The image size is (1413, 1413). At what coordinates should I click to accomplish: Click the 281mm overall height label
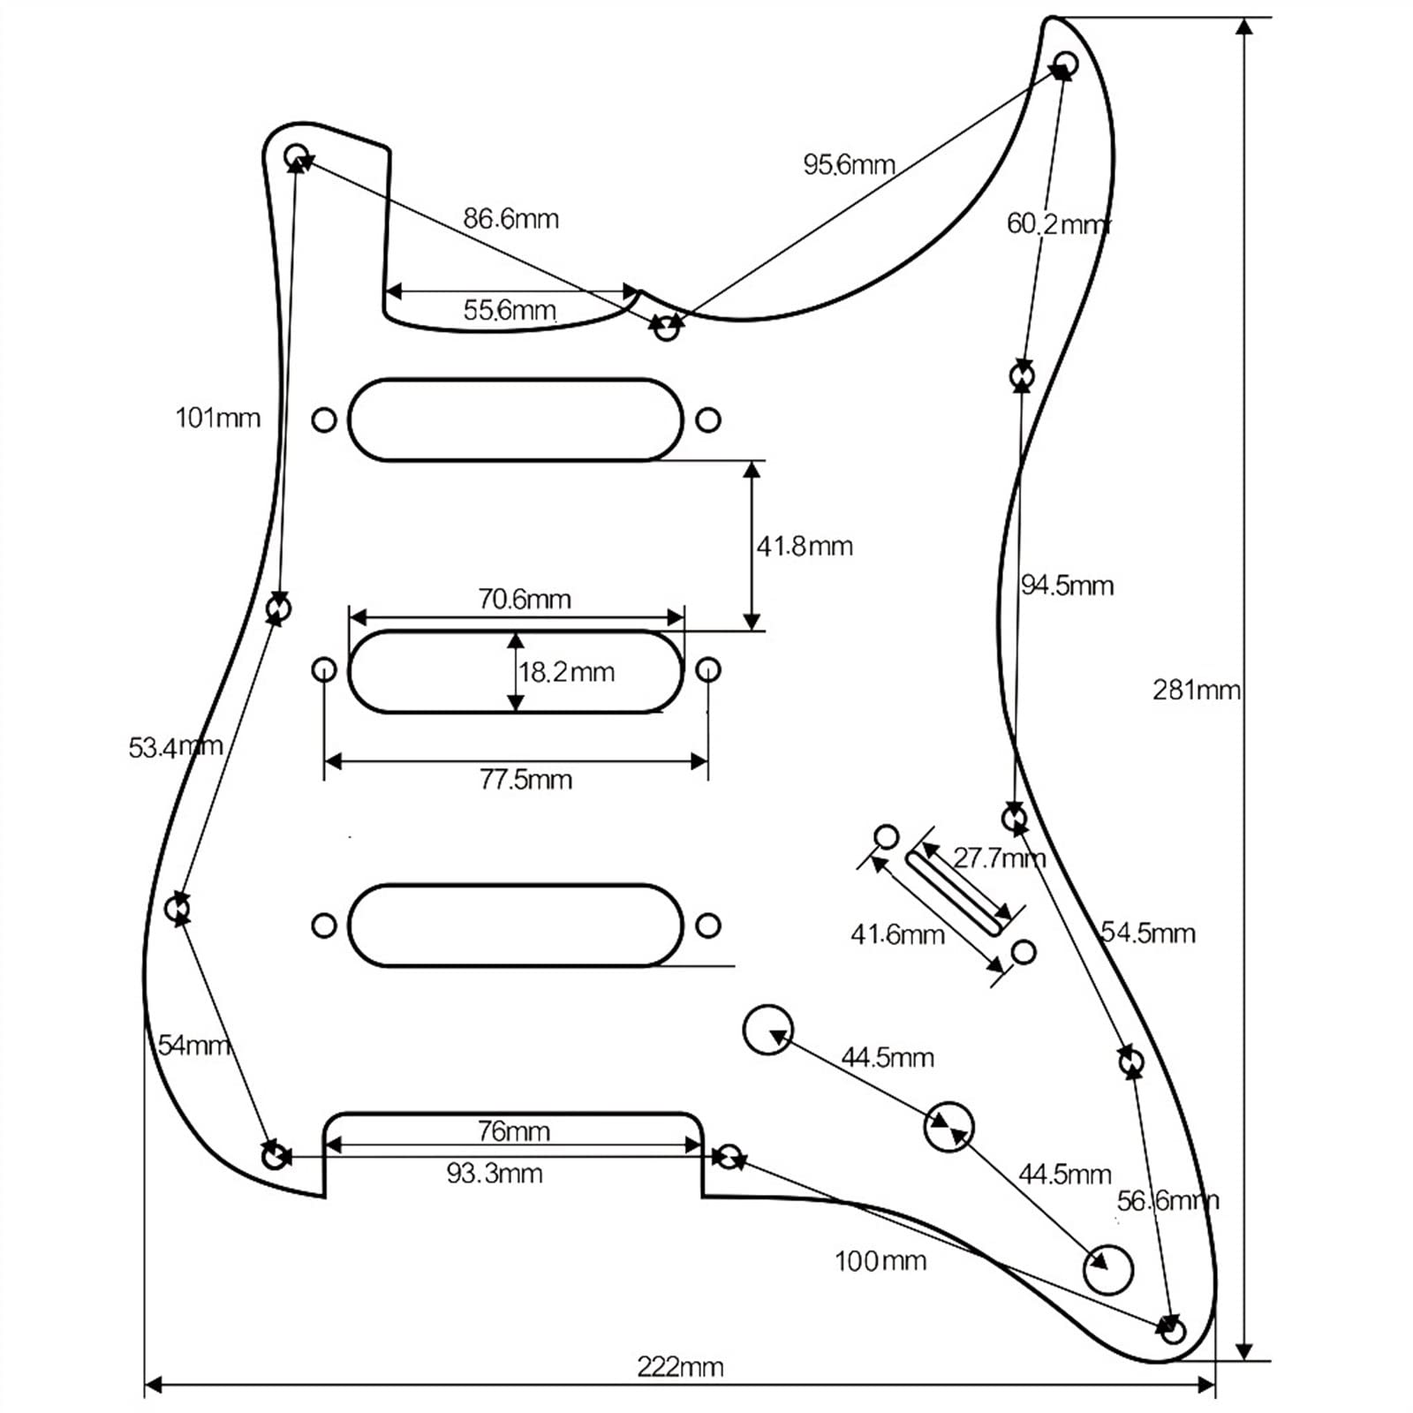click(1196, 690)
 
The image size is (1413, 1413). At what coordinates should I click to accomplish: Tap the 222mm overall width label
click(680, 1367)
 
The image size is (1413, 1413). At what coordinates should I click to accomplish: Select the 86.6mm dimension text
click(510, 218)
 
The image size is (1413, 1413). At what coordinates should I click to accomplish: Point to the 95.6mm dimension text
click(849, 164)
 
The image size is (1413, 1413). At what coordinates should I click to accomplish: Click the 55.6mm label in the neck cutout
click(510, 310)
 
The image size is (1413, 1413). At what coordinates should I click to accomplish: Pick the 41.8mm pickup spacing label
click(805, 546)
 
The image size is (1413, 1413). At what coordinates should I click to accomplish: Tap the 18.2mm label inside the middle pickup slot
click(566, 672)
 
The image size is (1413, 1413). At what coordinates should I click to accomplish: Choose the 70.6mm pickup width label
click(525, 599)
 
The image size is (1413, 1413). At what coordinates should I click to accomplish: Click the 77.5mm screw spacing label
click(525, 779)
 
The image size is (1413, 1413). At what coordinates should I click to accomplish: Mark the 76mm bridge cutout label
click(513, 1130)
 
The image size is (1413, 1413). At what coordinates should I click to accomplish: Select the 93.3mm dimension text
click(495, 1173)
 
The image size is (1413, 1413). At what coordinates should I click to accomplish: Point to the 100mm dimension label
click(880, 1260)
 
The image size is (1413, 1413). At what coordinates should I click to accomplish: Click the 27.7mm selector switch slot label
click(999, 858)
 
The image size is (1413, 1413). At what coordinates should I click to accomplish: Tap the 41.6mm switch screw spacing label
click(897, 934)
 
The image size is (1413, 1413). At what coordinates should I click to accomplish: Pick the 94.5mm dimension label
click(1067, 585)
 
